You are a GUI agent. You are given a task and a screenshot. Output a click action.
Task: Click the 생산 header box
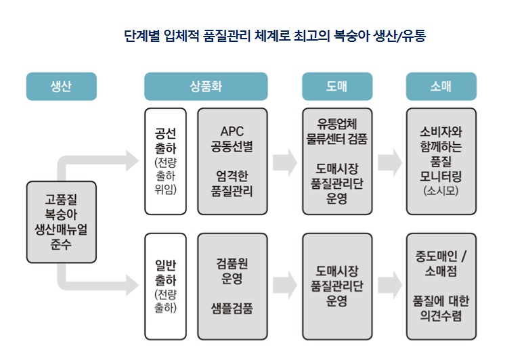pos(62,87)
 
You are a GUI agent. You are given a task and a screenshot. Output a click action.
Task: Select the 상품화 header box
pos(206,87)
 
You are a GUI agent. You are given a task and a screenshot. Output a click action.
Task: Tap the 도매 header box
pos(337,87)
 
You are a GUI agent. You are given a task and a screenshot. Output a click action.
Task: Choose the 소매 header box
pos(441,87)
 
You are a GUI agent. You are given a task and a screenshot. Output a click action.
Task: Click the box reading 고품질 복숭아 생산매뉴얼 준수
pos(61,222)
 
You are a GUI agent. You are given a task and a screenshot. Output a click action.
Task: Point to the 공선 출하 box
pos(165,161)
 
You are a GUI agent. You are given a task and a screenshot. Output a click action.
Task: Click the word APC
pos(232,131)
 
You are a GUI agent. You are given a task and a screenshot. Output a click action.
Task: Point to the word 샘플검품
pos(232,308)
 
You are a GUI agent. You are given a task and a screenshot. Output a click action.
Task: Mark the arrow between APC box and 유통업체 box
pos(284,161)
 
